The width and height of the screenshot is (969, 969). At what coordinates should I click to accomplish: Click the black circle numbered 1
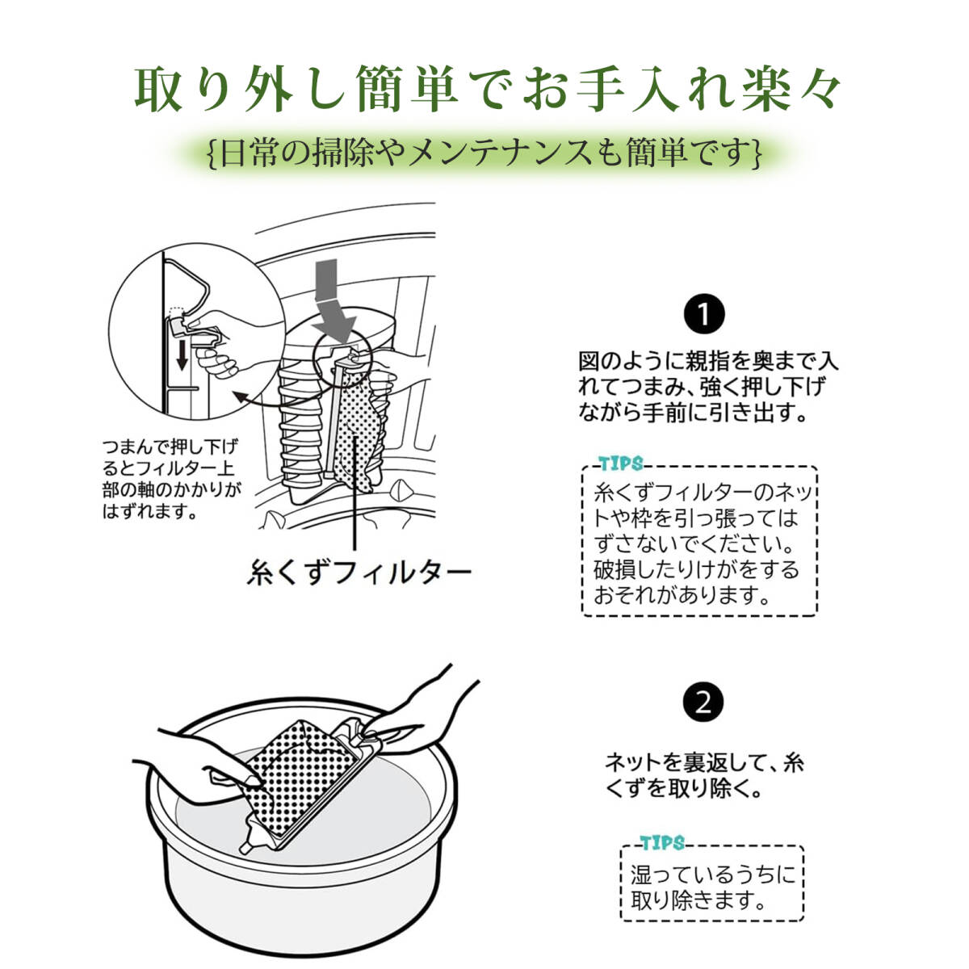pos(704,314)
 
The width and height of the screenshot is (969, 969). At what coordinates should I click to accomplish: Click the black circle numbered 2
pos(704,703)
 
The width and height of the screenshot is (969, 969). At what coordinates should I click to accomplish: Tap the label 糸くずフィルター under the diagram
pos(359,572)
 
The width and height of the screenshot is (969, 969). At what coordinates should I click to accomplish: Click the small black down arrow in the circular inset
pos(182,355)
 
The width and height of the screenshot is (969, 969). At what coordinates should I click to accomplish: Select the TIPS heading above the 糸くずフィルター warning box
pos(621,464)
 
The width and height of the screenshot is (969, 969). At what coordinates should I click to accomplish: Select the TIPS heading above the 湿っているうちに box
pos(662,843)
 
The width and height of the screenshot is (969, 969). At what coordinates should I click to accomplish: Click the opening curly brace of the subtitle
pos(212,153)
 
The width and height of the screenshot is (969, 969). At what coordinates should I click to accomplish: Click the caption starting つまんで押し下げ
pos(171,479)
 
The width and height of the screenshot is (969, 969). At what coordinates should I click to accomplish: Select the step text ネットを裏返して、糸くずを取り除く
pos(704,775)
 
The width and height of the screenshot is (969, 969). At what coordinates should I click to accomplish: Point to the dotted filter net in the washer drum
pos(358,433)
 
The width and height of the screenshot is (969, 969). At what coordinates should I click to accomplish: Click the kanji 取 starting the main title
pos(158,90)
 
